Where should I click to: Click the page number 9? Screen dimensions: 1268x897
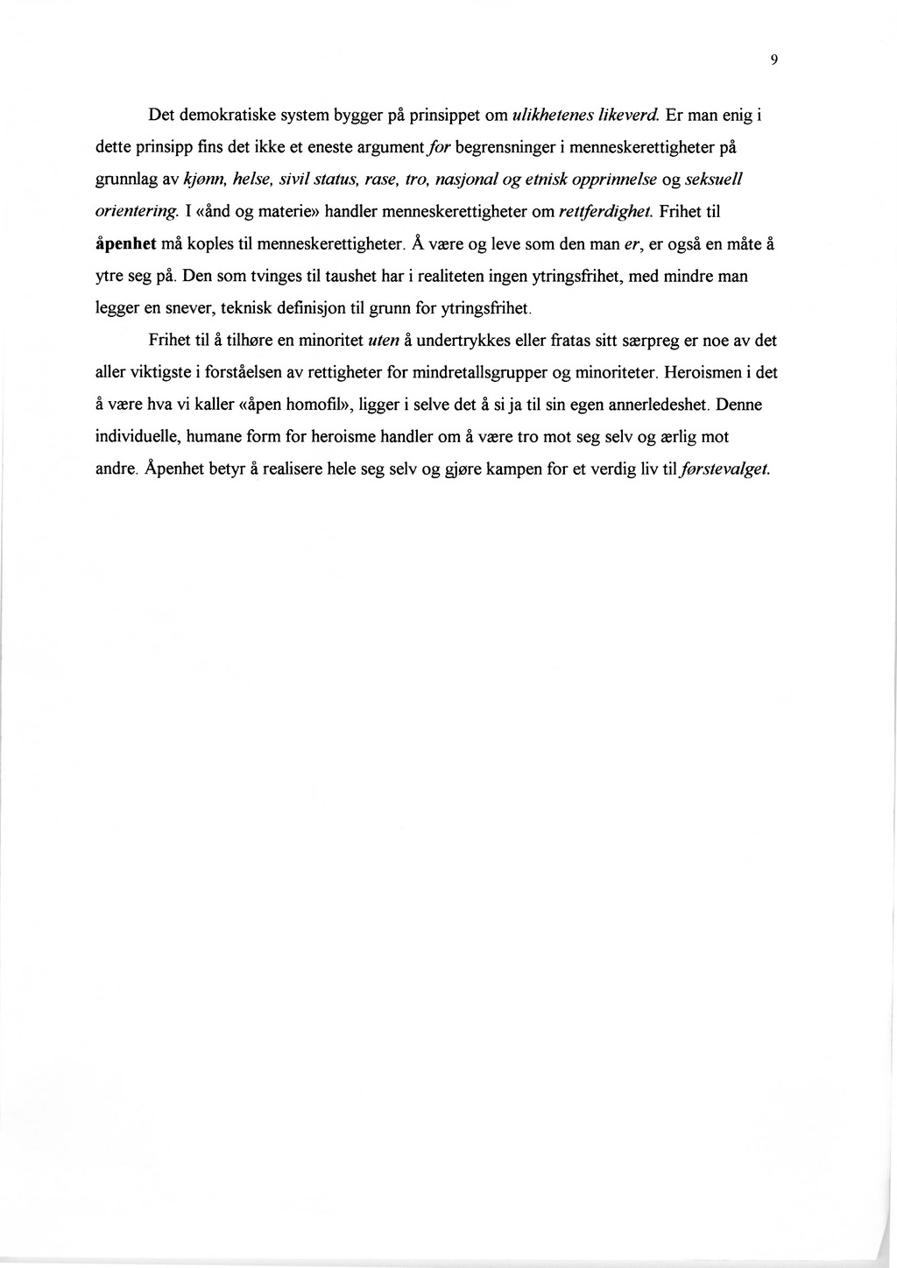click(x=774, y=60)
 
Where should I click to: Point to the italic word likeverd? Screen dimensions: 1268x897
click(x=631, y=115)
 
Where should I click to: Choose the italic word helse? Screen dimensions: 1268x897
click(x=251, y=180)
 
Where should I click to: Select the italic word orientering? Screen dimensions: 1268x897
click(x=138, y=212)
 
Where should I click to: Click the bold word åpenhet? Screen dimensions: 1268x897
click(x=126, y=244)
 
